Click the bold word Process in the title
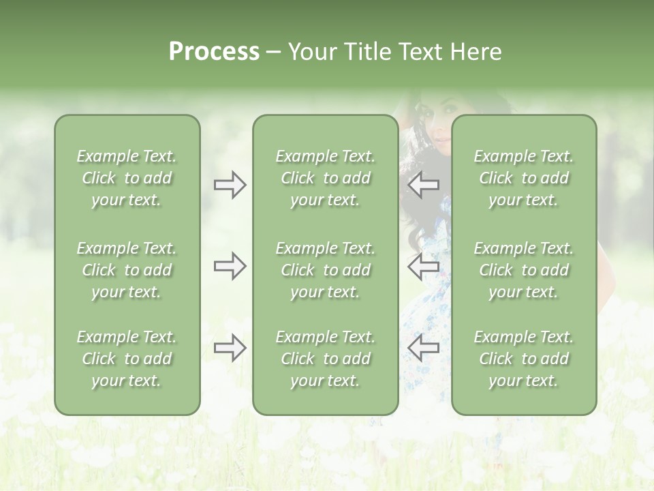pos(214,52)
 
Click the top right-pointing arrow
pos(230,185)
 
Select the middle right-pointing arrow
pos(230,266)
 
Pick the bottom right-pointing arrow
pos(230,348)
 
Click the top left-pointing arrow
pos(423,185)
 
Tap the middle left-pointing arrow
pos(423,266)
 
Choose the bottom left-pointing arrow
pos(423,348)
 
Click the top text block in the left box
pos(127,178)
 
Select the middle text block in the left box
pos(127,270)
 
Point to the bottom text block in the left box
pos(127,359)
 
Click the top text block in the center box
pos(325,178)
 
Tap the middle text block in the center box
pos(325,270)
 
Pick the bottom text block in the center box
pos(325,359)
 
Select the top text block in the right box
pos(523,178)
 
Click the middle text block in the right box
pos(523,270)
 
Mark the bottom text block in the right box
pos(523,359)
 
